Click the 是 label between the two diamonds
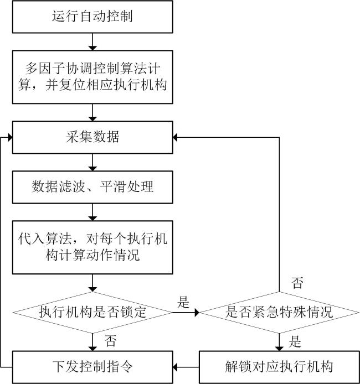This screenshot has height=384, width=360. point(183,302)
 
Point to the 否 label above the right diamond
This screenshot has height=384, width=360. point(297,283)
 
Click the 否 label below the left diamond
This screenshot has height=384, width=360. point(111,341)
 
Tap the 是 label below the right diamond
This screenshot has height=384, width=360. point(295,341)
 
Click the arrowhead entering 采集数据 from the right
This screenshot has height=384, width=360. point(175,137)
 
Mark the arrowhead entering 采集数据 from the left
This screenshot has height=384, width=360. point(10,137)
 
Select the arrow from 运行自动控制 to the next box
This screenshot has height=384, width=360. point(92,41)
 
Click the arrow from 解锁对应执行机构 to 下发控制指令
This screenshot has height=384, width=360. point(186,367)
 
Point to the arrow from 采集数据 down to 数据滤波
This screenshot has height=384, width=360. point(92,162)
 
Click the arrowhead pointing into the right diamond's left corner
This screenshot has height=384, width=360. point(197,313)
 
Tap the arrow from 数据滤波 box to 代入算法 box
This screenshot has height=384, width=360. point(92,212)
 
